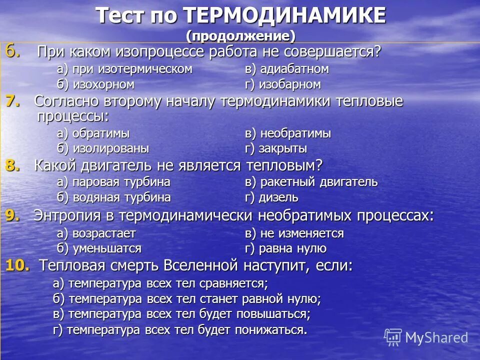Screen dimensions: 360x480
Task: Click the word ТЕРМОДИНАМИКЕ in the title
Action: tap(284, 16)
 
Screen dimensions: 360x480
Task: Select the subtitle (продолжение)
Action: tap(240, 36)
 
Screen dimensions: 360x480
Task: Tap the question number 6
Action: tap(13, 51)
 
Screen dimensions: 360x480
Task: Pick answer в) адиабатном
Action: tap(286, 69)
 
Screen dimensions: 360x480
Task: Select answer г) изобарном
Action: tap(282, 84)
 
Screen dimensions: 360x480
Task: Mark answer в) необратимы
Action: tap(287, 133)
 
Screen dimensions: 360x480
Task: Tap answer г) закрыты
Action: tap(275, 148)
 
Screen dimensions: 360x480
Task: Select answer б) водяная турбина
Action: tap(113, 197)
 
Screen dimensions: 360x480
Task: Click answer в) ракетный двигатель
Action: tap(311, 182)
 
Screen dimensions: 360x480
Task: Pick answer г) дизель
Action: tap(271, 197)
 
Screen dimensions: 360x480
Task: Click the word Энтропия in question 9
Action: tap(66, 215)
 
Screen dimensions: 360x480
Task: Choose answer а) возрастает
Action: tap(96, 233)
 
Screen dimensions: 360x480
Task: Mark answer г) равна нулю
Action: tap(285, 248)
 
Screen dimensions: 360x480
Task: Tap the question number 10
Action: tap(17, 265)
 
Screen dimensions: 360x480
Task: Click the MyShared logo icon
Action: tap(393, 337)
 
